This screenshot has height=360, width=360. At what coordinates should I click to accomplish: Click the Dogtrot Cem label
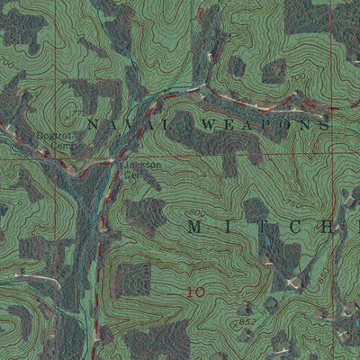click(57, 140)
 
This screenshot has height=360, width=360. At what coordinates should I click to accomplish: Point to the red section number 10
click(195, 292)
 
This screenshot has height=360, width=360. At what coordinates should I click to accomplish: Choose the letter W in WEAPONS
click(213, 123)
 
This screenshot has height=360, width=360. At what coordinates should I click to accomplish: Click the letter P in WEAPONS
click(265, 124)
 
